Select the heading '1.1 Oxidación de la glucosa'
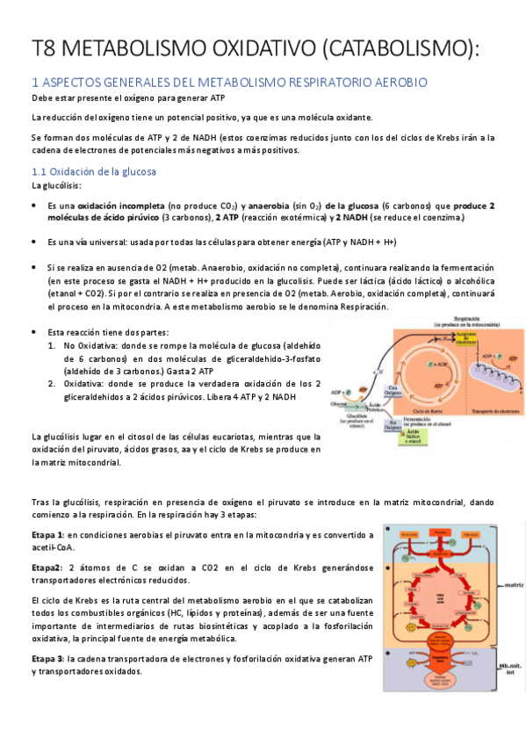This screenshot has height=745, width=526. [93, 171]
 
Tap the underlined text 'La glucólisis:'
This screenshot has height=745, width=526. [55, 186]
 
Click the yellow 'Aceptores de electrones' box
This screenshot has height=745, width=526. [466, 338]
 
